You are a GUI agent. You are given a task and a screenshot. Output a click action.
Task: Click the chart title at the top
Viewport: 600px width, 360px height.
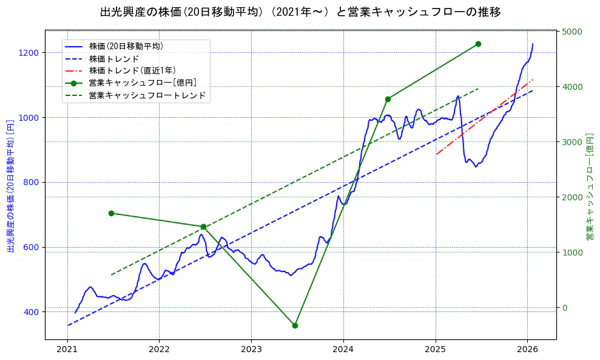pos(300,12)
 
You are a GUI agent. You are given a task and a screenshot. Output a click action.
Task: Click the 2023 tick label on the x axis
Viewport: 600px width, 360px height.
pos(251,350)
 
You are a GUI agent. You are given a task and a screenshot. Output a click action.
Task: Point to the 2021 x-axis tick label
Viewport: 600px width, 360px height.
pos(67,350)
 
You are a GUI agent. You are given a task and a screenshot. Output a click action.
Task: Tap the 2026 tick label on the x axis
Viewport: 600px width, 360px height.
pos(527,350)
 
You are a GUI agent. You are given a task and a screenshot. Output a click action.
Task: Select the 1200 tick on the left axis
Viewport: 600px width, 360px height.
pos(29,53)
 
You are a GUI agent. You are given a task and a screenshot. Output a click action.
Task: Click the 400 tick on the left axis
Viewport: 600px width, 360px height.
pos(31,312)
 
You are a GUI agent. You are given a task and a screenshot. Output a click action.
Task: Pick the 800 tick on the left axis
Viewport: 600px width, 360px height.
pos(31,182)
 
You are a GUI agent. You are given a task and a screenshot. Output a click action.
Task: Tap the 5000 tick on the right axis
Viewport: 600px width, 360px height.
pos(572,32)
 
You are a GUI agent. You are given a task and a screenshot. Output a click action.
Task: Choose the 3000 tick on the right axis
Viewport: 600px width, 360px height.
pos(572,142)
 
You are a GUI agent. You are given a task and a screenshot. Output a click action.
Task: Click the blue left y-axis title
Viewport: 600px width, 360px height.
pos(10,185)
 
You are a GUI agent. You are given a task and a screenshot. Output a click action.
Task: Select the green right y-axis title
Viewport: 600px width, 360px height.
pos(589,185)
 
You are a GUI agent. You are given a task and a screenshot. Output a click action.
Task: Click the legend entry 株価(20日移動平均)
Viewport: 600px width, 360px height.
pos(126,46)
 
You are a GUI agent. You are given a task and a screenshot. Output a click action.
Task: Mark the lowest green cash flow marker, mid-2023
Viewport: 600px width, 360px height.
pos(295,325)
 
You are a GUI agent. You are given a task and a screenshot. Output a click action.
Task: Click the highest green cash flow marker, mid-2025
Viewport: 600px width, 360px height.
pos(478,44)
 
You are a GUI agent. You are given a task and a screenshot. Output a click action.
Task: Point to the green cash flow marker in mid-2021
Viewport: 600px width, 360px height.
pos(111,213)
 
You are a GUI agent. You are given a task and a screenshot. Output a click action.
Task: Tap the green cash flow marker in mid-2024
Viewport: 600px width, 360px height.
pos(388,99)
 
